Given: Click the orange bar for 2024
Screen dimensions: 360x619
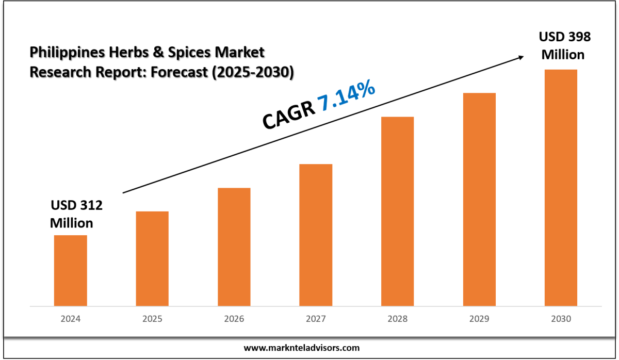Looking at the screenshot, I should click(x=70, y=270).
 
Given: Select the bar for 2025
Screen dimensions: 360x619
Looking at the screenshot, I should click(x=152, y=258).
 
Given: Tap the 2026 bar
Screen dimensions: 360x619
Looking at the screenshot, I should click(x=234, y=247).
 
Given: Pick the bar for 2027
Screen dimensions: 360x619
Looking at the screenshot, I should click(x=316, y=235).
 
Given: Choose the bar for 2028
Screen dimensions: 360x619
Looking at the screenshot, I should click(x=397, y=211).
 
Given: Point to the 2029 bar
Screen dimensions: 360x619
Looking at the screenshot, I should click(x=479, y=199).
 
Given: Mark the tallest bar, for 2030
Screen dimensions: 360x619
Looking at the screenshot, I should click(x=561, y=187).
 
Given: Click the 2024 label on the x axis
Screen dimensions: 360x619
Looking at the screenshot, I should click(x=70, y=319).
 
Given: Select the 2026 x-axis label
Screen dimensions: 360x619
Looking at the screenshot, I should click(x=234, y=319).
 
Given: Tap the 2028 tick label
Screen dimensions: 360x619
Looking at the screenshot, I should click(x=397, y=319).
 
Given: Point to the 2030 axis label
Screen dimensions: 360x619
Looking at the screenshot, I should click(x=561, y=319).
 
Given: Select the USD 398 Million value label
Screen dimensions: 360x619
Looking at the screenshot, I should click(x=564, y=45).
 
